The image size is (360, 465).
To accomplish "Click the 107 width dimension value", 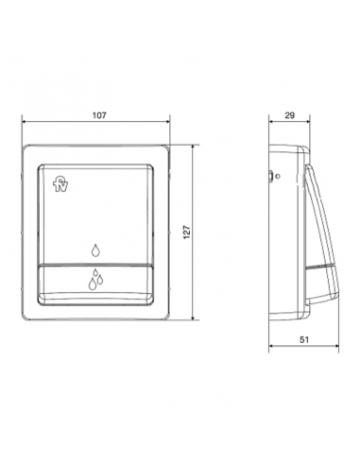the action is tap(99, 115).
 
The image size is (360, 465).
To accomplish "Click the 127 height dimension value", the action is tap(187, 232).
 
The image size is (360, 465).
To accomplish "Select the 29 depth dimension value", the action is tap(289, 115).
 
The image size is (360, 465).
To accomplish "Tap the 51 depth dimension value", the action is tap(304, 339).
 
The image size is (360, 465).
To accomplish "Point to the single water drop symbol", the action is tap(95, 250).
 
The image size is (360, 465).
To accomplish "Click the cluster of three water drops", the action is tap(95, 279).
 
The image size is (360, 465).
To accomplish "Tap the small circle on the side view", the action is tap(277, 176).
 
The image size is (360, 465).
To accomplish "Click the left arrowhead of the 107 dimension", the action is tap(24, 121).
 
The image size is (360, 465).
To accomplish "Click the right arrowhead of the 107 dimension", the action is tap(167, 121).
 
